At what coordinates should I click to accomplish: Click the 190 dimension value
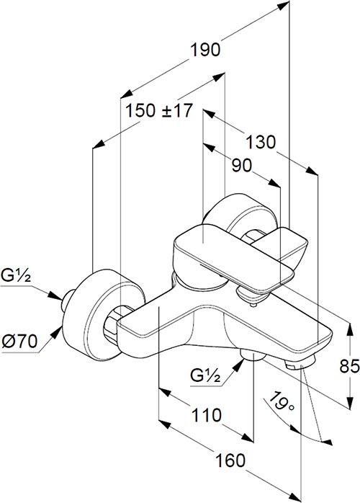(205, 50)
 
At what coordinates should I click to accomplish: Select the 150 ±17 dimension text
(159, 111)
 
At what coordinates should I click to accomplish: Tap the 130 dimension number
(261, 142)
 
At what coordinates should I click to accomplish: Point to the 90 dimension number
(241, 166)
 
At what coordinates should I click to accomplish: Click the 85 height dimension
(349, 366)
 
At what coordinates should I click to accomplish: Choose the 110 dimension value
(206, 415)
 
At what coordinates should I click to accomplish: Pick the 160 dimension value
(230, 460)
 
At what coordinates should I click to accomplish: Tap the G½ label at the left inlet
(16, 276)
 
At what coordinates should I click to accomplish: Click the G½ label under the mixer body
(205, 375)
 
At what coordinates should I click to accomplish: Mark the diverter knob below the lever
(249, 295)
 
